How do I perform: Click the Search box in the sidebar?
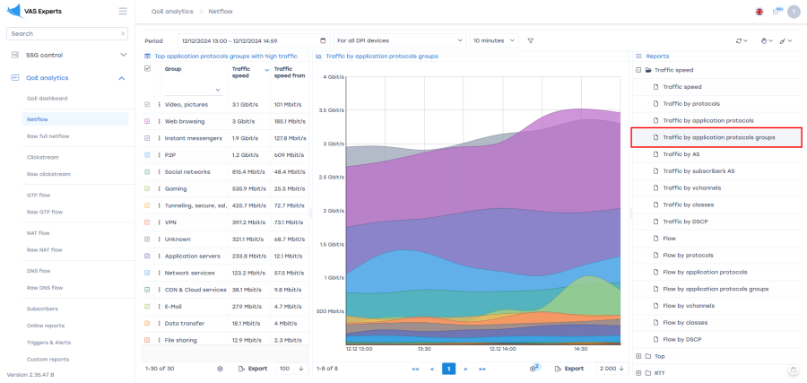(63, 33)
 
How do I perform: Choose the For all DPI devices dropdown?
(399, 40)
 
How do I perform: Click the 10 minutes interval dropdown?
(494, 40)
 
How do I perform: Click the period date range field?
(254, 40)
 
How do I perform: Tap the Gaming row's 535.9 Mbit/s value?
(250, 189)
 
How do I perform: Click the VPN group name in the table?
(170, 222)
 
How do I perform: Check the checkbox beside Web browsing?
(148, 121)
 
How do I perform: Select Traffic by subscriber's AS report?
(699, 170)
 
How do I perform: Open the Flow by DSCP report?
(683, 339)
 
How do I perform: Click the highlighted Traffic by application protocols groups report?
(718, 137)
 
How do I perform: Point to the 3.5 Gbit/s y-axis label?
(331, 110)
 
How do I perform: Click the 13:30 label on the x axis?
(424, 349)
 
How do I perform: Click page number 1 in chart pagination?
(448, 369)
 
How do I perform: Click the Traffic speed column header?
(241, 73)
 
